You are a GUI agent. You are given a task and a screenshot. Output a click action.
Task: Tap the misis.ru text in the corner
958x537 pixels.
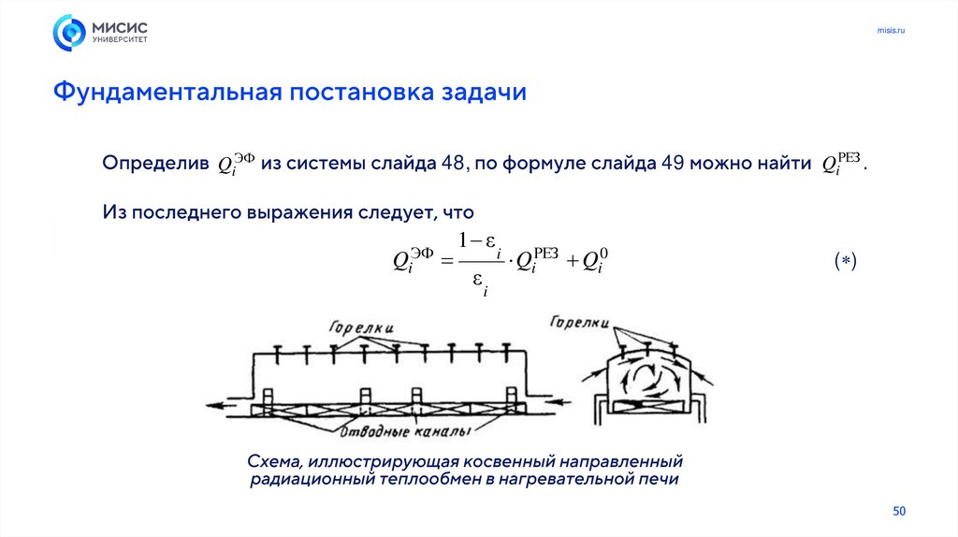891,32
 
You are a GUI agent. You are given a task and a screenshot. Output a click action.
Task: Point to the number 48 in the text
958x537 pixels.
454,164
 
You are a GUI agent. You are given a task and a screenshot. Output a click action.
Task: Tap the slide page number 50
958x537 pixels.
900,511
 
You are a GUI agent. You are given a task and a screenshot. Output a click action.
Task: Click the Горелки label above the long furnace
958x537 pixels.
361,327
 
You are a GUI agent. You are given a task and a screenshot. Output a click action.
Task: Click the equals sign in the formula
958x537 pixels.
446,261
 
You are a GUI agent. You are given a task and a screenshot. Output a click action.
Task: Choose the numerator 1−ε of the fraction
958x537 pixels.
481,241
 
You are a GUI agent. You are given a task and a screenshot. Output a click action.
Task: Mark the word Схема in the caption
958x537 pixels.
271,462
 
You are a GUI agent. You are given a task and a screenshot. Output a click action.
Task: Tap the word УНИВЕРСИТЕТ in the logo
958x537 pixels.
119,40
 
